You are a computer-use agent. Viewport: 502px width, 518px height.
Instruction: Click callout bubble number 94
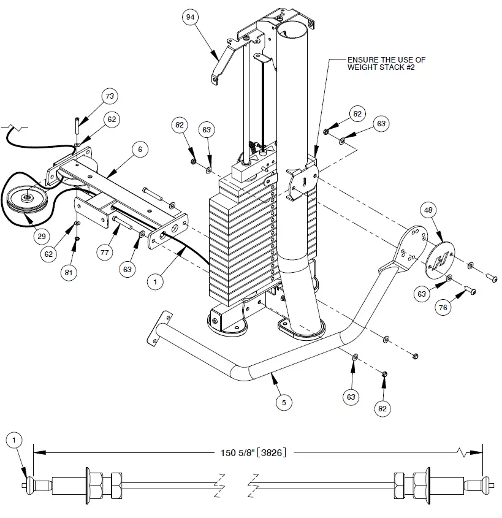click(191, 18)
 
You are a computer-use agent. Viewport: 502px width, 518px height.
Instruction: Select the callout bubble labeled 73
click(110, 97)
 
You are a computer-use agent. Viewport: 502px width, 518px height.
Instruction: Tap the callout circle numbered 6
click(140, 149)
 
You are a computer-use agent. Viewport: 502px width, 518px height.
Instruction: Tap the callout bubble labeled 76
click(443, 308)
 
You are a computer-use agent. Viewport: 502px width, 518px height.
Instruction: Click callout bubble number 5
click(283, 403)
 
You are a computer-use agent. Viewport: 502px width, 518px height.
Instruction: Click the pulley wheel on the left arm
click(29, 197)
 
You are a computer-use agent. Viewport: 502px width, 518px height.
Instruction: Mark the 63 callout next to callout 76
click(421, 294)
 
